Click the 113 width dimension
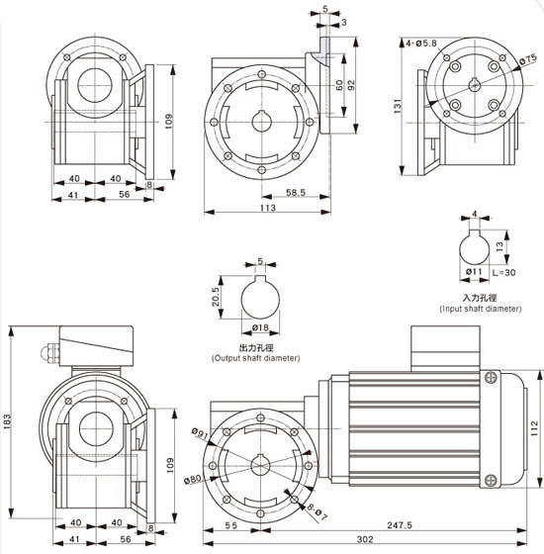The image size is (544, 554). (268, 208)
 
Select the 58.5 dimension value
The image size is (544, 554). (296, 193)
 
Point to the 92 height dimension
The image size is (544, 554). (351, 85)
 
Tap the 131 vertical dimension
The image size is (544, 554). (398, 106)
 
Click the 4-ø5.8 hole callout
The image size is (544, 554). (421, 44)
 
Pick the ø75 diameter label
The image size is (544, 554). (528, 59)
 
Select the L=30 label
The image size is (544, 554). (503, 272)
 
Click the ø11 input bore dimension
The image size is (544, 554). (474, 272)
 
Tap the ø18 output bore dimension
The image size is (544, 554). (260, 327)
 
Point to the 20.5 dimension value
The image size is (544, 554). (216, 297)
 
